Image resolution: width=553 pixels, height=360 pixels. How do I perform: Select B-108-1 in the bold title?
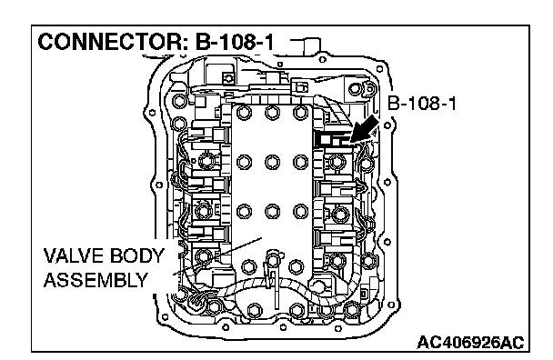point(235,42)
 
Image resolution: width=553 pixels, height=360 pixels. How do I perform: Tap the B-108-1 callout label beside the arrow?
point(421,104)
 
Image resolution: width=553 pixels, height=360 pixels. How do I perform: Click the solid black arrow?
point(364,130)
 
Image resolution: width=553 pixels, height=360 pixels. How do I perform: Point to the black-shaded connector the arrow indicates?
point(331,139)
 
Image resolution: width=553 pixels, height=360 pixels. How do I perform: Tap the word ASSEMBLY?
point(96,280)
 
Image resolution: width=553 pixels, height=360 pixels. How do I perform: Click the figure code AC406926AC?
point(470,343)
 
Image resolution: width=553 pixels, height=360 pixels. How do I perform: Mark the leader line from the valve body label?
point(217,255)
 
